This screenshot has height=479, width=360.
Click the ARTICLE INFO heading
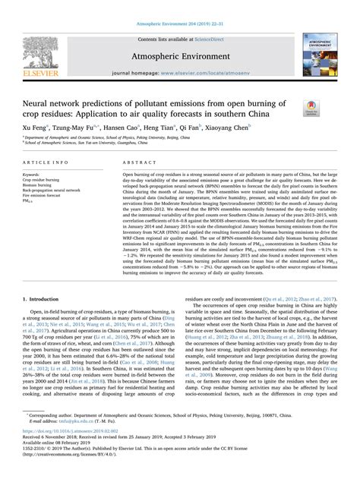click(x=49, y=164)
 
